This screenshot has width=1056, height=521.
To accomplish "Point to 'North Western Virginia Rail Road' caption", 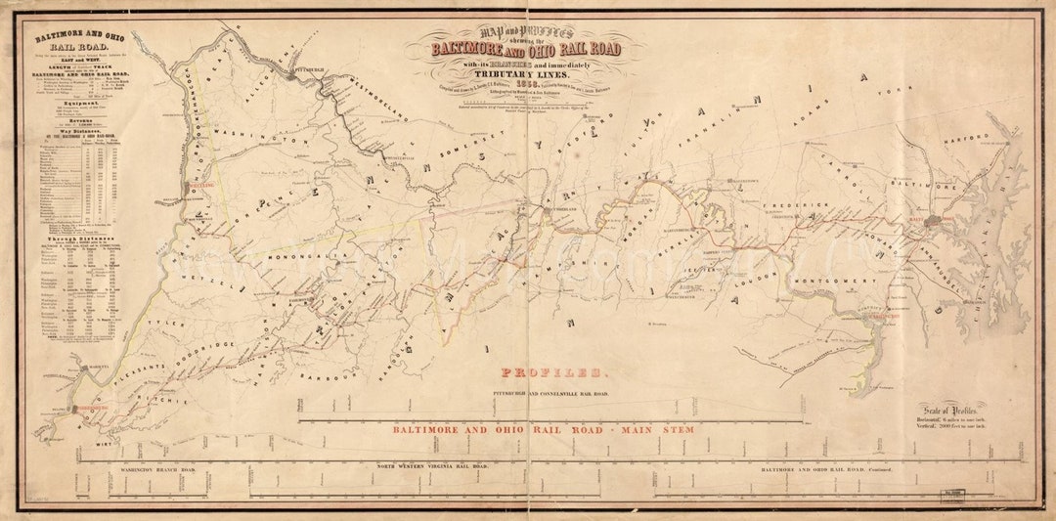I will click(x=432, y=467).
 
